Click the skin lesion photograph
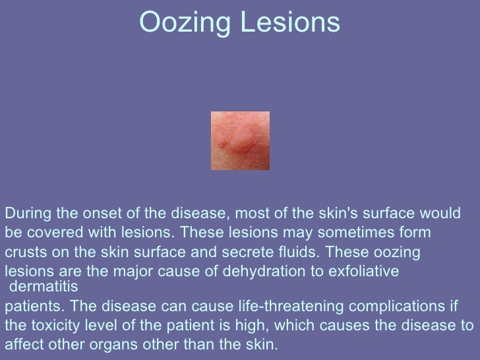click(x=240, y=140)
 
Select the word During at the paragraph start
click(x=26, y=214)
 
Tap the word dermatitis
click(x=45, y=287)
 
